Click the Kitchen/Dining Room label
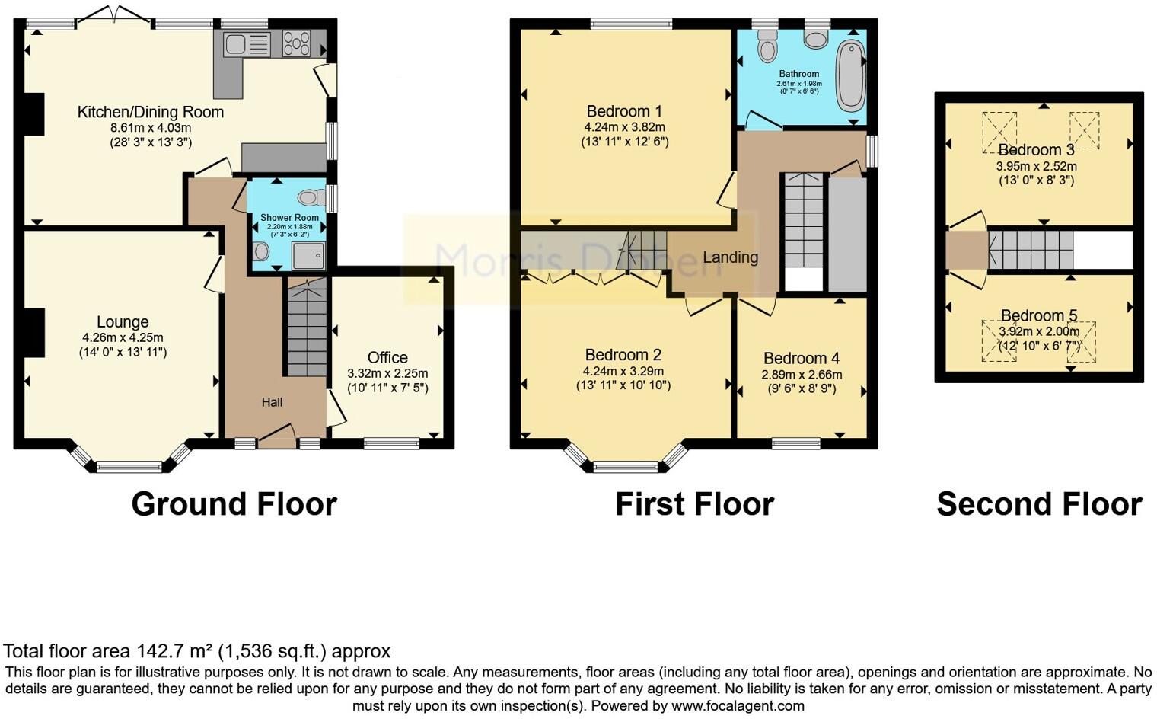pyautogui.click(x=151, y=112)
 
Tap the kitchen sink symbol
pyautogui.click(x=247, y=43)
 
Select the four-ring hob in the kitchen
pyautogui.click(x=296, y=43)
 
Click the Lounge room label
pyautogui.click(x=123, y=322)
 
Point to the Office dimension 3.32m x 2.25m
pyautogui.click(x=387, y=373)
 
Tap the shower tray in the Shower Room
pyautogui.click(x=308, y=256)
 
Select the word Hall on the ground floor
pyautogui.click(x=272, y=402)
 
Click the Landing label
pyautogui.click(x=730, y=257)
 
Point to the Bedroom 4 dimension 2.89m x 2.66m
pyautogui.click(x=802, y=375)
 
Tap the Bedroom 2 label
pyautogui.click(x=623, y=355)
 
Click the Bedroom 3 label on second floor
pyautogui.click(x=1036, y=150)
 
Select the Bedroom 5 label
pyautogui.click(x=1039, y=315)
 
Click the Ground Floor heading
pyautogui.click(x=234, y=504)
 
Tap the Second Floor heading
pyautogui.click(x=1039, y=504)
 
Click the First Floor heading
pyautogui.click(x=694, y=504)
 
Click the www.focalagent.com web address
pyautogui.click(x=738, y=705)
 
